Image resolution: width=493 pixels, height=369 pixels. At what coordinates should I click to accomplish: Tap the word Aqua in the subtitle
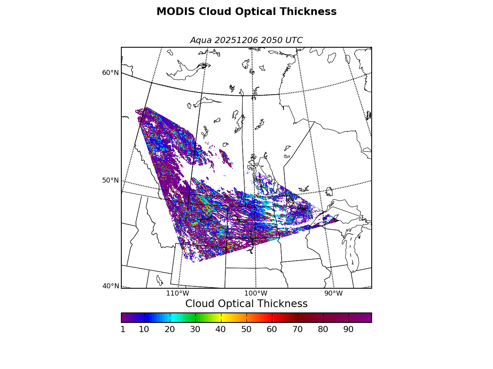pos(201,40)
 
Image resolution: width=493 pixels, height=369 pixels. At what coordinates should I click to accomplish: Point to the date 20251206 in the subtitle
pos(236,40)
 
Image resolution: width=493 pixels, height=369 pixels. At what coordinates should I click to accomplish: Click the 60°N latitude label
pos(111,73)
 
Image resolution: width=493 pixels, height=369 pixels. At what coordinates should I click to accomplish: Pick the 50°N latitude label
pos(111,180)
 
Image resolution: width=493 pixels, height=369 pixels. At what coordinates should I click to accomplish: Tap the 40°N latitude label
pos(111,286)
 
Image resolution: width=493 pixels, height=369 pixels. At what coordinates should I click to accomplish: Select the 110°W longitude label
pos(178,294)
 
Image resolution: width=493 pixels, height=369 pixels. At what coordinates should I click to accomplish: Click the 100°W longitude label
pos(255,294)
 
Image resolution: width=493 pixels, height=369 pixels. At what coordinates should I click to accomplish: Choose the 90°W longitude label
pos(333,294)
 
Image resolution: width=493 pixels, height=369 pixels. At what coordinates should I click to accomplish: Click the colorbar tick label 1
pos(123,329)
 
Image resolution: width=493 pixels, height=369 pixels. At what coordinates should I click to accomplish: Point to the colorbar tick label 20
pos(169,329)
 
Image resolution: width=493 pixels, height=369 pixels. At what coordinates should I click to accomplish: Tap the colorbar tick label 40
pos(221,329)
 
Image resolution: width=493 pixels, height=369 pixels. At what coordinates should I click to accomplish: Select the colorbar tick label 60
pos(272,329)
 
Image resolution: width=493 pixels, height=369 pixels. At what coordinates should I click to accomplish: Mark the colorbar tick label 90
pos(349,329)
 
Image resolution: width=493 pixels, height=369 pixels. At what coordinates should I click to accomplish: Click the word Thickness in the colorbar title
pos(285,304)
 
